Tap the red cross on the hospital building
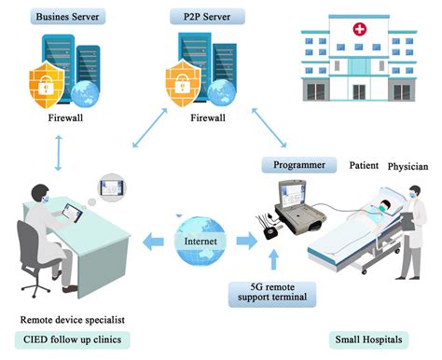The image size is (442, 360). coord(358,31)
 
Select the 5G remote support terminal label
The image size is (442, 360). coord(269,293)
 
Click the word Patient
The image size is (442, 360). coord(363,166)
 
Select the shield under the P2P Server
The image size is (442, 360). coord(182,85)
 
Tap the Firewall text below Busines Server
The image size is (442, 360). coord(66,119)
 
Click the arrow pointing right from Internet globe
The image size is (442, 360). coord(244,240)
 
